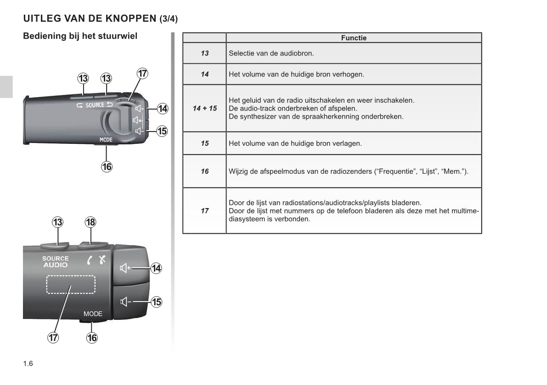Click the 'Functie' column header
354,38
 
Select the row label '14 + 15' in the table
205,108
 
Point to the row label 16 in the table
205,171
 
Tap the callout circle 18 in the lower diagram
90,222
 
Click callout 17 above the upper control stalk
142,73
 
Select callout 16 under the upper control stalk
107,167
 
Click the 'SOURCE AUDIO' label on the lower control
56,261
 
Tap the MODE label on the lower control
93,313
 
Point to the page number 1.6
28,364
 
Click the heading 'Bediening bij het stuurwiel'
80,36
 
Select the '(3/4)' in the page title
169,18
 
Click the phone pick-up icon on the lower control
90,260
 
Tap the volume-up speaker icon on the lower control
125,268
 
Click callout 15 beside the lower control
156,302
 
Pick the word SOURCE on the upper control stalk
95,105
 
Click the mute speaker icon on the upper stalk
137,121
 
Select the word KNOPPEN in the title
131,18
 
